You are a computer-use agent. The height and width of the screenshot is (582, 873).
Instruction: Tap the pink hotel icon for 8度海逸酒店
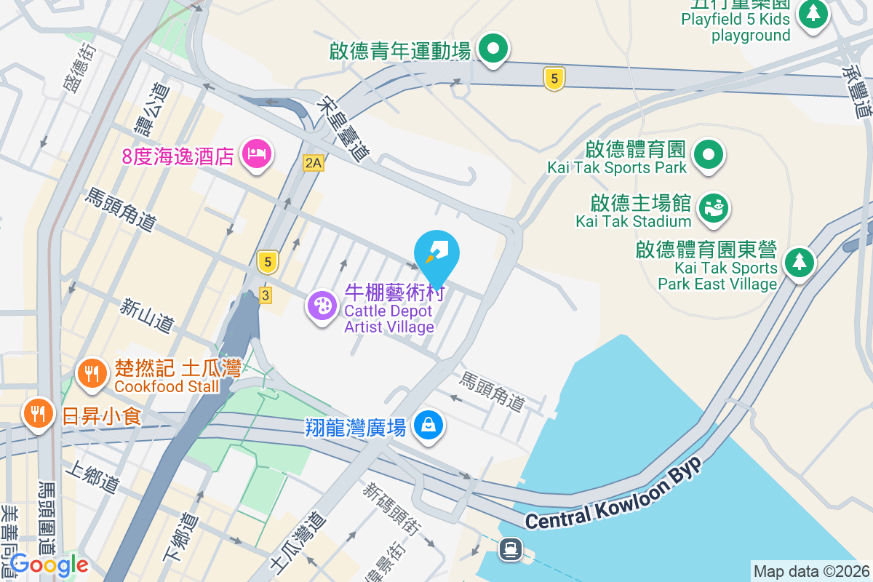(x=257, y=154)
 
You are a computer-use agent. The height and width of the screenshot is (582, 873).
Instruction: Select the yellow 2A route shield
(x=313, y=163)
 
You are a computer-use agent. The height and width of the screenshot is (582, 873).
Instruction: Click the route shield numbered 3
(x=266, y=295)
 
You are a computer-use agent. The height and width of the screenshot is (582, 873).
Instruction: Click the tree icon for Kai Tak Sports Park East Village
(x=799, y=262)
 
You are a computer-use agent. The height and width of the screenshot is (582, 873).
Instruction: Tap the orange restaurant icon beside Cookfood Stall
(x=92, y=374)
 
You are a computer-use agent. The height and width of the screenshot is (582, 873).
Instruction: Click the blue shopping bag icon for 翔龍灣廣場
(x=428, y=425)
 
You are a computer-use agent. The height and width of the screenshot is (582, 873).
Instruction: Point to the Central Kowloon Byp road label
(x=613, y=493)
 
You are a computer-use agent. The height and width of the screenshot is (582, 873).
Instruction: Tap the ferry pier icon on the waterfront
(x=511, y=549)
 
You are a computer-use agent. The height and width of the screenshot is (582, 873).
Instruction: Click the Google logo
(x=49, y=565)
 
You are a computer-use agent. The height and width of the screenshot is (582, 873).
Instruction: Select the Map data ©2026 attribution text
(x=810, y=572)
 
